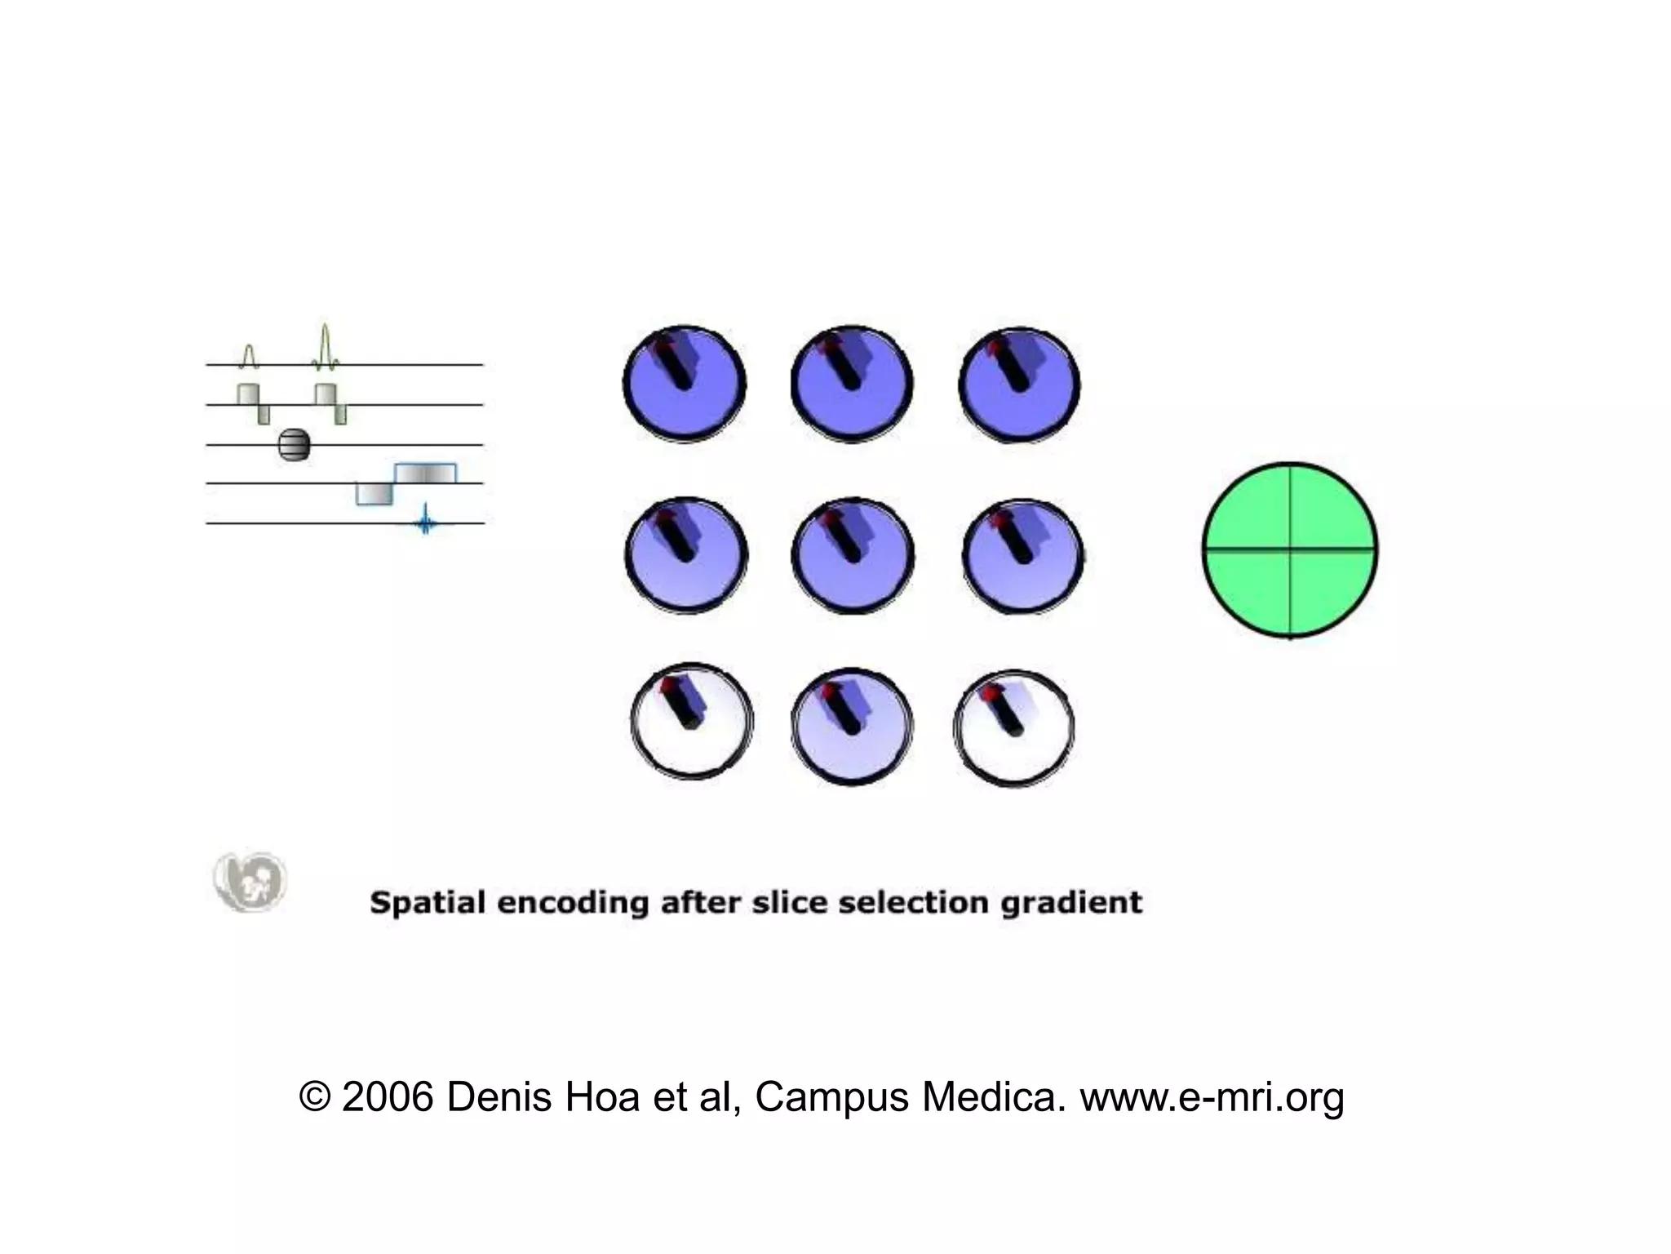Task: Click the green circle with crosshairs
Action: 1290,549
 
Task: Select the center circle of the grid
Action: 852,555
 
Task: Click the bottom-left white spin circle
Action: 692,720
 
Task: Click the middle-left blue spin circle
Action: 686,555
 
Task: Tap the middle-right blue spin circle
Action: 1022,555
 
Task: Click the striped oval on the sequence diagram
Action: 294,444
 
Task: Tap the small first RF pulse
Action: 249,355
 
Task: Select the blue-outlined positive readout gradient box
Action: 425,473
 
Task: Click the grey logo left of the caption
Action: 250,882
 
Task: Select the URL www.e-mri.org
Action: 1212,1097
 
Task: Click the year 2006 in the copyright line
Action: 387,1097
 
